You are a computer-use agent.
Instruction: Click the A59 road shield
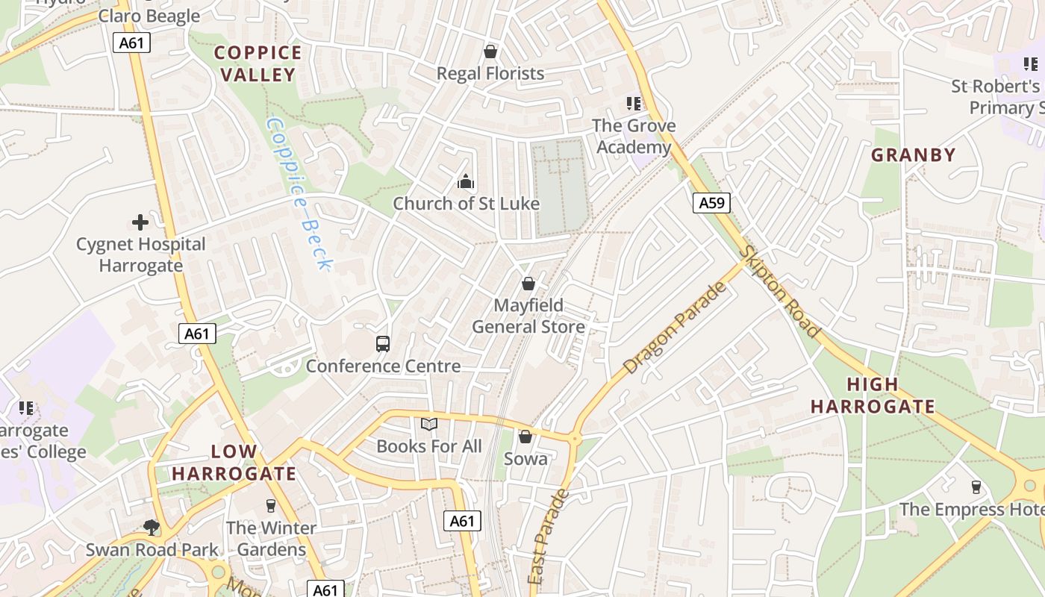(x=711, y=202)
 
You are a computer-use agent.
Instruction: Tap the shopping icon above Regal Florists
(x=490, y=51)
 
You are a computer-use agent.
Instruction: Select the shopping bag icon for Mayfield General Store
(x=528, y=284)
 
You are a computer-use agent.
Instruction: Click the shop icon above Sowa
(x=525, y=437)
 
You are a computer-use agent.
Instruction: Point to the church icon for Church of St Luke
(x=466, y=181)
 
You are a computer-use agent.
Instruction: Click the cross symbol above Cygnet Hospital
(x=140, y=222)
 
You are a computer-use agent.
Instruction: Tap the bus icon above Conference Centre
(x=383, y=344)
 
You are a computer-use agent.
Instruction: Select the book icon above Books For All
(x=428, y=425)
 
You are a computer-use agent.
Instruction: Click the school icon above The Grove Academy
(x=634, y=104)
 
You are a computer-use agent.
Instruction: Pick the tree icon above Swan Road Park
(x=152, y=528)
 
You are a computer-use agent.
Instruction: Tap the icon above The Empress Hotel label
(x=976, y=487)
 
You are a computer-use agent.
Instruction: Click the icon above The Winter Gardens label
(x=271, y=506)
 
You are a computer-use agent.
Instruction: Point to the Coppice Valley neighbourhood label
(x=258, y=63)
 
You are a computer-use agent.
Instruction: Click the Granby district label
(x=914, y=155)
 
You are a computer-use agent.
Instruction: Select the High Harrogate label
(x=873, y=396)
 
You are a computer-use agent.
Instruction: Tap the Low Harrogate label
(x=234, y=463)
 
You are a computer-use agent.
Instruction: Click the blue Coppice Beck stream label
(x=299, y=192)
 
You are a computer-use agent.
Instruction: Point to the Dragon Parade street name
(x=675, y=328)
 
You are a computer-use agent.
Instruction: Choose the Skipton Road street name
(x=779, y=292)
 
